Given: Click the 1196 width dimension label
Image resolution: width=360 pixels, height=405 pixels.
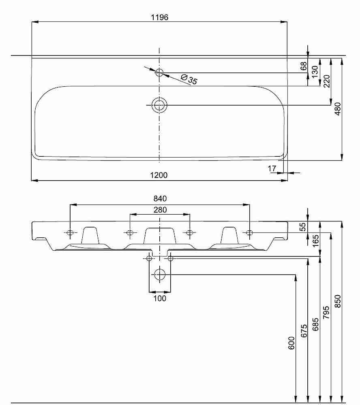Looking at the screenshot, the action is [159, 17].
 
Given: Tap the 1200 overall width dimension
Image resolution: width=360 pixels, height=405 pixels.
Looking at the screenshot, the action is [159, 175].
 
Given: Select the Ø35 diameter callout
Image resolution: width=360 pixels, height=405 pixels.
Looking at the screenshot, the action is [189, 79].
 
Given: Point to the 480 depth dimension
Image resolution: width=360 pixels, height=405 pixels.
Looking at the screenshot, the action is [337, 109].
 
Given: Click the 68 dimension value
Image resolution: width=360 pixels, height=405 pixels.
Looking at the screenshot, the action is [303, 66].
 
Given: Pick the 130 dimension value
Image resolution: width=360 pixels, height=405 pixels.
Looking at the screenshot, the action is [315, 72].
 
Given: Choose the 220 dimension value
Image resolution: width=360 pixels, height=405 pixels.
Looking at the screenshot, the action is [327, 81].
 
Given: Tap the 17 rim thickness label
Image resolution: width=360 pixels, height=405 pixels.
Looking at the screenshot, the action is [272, 168].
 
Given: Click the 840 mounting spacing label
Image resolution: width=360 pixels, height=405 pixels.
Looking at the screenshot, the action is [160, 198].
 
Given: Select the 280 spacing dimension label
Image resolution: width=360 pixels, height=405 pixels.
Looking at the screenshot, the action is [160, 210].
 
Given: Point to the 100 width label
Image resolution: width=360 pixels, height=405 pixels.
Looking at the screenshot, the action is [160, 298].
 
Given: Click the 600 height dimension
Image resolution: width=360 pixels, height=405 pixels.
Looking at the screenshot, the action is [291, 343].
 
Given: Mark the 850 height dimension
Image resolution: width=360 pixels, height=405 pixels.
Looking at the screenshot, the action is [338, 301].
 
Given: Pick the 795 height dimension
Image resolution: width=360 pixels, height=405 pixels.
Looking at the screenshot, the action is [326, 312].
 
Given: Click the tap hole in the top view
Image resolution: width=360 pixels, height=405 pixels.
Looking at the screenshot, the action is [159, 72].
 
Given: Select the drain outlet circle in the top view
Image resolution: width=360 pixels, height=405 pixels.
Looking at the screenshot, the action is [159, 105].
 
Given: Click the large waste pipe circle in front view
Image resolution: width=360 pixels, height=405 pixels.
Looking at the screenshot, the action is [160, 274].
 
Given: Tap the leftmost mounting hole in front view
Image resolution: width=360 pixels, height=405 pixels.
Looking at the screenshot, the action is [70, 233].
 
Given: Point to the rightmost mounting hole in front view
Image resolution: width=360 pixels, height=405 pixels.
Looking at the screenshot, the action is [249, 233].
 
